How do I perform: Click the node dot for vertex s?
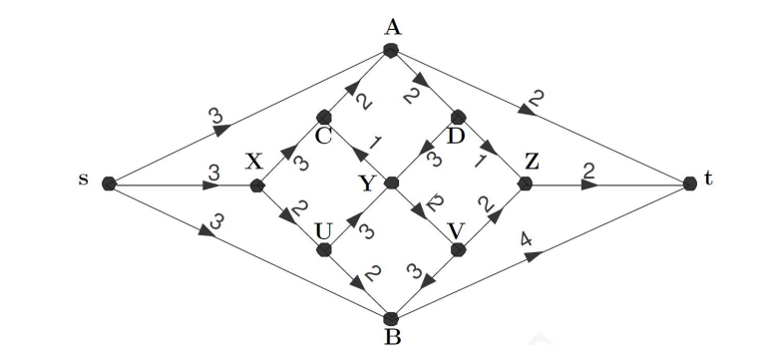pyautogui.click(x=110, y=184)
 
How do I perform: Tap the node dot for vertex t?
pyautogui.click(x=690, y=184)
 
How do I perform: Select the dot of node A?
pyautogui.click(x=392, y=51)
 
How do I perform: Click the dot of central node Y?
pyautogui.click(x=392, y=184)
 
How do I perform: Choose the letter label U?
pyautogui.click(x=322, y=229)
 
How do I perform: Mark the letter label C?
pyautogui.click(x=322, y=136)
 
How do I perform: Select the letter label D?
pyautogui.click(x=456, y=135)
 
